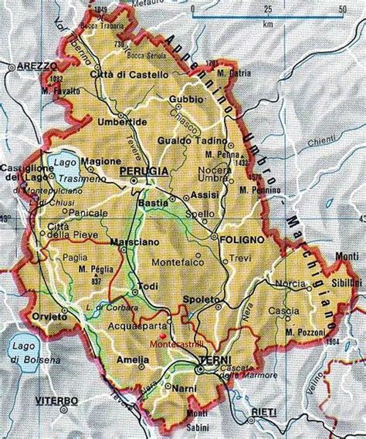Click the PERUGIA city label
pyautogui.click(x=144, y=169)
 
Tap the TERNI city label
pyautogui.click(x=211, y=360)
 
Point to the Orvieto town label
pyautogui.click(x=46, y=316)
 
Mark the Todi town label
pyautogui.click(x=147, y=286)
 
